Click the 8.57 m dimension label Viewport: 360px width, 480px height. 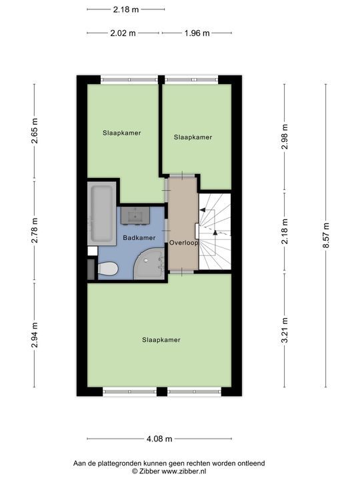pos(326,236)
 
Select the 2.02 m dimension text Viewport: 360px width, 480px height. pos(123,33)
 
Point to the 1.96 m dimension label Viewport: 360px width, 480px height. pos(197,33)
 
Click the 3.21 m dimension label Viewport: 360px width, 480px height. pos(285,331)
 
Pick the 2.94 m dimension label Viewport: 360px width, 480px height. pos(35,335)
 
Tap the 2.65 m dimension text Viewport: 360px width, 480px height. pos(35,131)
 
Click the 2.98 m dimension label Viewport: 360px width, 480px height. pos(285,137)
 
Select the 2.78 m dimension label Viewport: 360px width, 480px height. pos(35,230)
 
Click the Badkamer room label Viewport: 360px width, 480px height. pos(139,237)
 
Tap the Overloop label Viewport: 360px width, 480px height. pos(184,243)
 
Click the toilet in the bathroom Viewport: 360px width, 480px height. pos(108,269)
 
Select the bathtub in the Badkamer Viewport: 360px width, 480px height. pos(101,213)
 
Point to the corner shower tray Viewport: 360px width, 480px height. pos(150,264)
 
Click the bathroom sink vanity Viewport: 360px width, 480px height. pos(135,215)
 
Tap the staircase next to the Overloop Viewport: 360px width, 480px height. pos(215,231)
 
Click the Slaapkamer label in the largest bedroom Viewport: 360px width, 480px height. pos(161,340)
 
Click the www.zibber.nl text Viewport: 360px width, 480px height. pos(184,471)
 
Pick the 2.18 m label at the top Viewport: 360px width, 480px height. pos(126,9)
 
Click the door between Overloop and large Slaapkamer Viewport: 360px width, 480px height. pos(182,272)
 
